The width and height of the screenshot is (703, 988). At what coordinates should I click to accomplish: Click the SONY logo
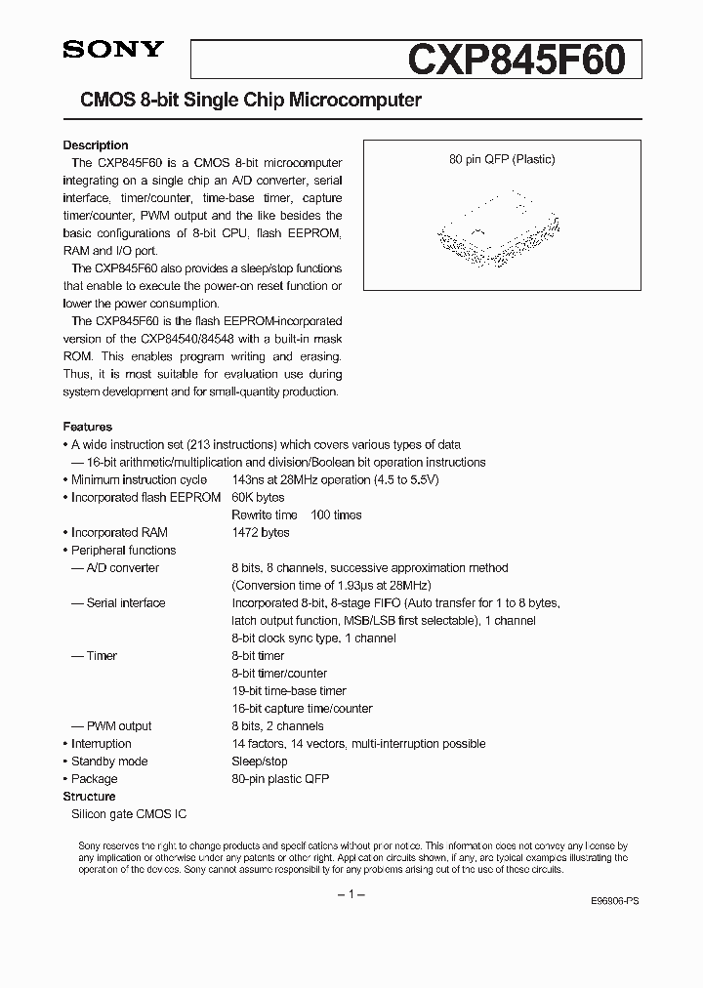[113, 51]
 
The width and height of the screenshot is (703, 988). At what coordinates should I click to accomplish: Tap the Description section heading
[96, 145]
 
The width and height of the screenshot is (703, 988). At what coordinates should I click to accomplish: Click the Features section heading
[88, 427]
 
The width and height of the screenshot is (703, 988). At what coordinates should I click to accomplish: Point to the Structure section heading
[90, 797]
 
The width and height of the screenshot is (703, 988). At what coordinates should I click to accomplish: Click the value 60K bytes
[258, 497]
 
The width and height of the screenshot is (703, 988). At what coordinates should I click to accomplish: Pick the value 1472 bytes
[261, 532]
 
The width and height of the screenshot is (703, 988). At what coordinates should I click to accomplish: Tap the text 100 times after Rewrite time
[336, 515]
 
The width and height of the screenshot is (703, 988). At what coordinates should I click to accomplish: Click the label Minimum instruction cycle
[139, 479]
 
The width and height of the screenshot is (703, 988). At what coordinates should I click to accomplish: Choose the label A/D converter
[122, 567]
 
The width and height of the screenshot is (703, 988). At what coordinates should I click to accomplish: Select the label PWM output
[119, 725]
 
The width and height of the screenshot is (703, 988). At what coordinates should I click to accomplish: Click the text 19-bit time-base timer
[289, 690]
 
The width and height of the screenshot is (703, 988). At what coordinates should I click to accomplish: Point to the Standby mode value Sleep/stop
[260, 761]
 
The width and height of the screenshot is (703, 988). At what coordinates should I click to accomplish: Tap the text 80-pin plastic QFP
[280, 778]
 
